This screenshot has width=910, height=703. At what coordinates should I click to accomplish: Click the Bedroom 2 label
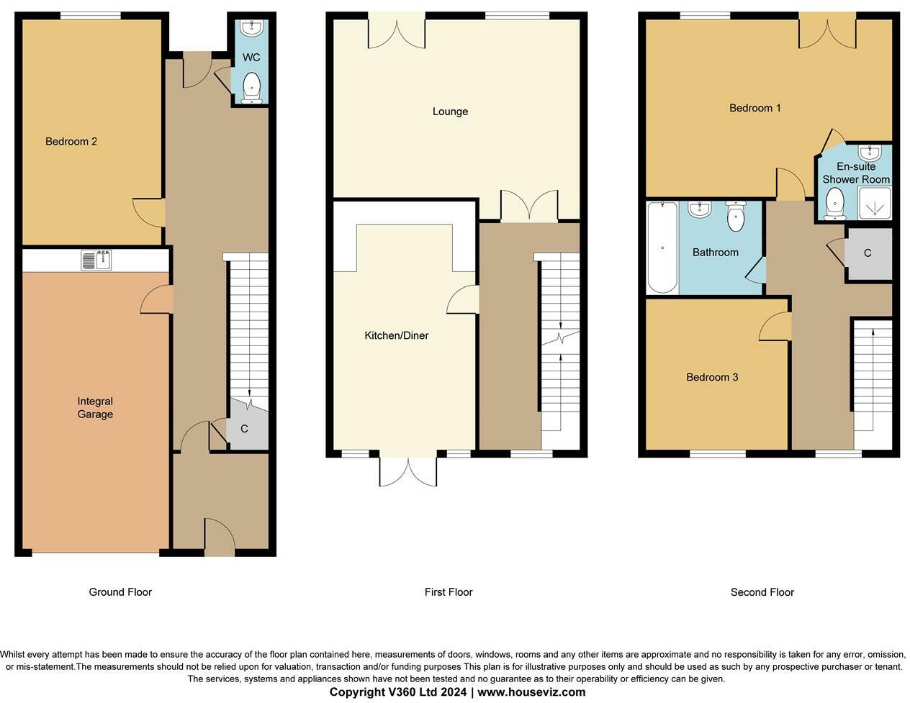tap(71, 142)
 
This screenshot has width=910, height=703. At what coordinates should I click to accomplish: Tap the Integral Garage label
tap(95, 407)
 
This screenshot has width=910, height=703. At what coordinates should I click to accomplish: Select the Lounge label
tap(450, 112)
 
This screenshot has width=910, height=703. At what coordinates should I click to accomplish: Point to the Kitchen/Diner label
tap(397, 335)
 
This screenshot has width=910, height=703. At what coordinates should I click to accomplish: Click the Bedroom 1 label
tap(755, 108)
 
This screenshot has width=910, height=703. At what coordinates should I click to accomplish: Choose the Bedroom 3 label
tap(712, 377)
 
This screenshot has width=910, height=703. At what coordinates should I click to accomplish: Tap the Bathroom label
tap(716, 253)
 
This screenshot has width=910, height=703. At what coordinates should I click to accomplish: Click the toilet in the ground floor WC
tap(252, 88)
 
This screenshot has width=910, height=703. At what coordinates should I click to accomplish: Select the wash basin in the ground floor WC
tap(252, 27)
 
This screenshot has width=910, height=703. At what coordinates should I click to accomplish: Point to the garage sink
tap(96, 260)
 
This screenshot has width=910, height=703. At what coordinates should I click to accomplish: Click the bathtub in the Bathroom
tap(662, 248)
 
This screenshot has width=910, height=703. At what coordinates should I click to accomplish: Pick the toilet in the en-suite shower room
tap(834, 204)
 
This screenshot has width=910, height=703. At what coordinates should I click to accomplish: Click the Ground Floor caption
tap(120, 592)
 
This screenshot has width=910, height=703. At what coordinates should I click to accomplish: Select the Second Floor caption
tap(762, 592)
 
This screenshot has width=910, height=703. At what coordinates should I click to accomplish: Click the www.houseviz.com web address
tap(531, 692)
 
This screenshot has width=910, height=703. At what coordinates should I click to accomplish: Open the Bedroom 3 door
tap(775, 326)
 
